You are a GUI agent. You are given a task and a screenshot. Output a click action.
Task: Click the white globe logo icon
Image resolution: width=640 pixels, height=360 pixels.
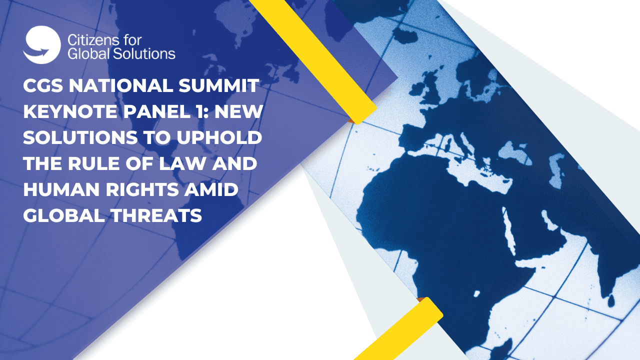[x=42, y=45]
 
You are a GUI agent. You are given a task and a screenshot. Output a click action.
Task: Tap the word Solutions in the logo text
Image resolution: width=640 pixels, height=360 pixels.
[x=144, y=53]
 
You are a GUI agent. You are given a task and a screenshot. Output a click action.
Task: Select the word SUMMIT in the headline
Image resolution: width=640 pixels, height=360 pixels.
[x=218, y=85]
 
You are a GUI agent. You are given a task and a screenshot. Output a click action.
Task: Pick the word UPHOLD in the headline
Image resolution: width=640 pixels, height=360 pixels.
[x=219, y=137]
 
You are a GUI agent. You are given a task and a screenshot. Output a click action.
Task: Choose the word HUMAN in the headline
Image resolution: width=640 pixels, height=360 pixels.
[x=61, y=189]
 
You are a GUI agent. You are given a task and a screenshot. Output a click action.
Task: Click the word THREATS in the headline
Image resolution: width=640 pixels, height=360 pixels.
[x=156, y=215]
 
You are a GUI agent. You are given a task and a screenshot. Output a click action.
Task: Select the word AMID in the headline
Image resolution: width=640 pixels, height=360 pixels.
[x=211, y=189]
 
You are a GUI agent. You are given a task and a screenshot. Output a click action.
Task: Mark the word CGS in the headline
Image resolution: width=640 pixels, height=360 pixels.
[x=43, y=85]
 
